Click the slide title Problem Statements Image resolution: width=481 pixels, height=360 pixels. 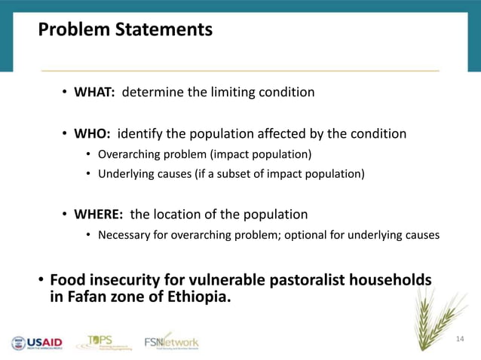point(125,31)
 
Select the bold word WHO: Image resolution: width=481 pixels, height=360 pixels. point(92,135)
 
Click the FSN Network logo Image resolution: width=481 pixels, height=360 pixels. point(171,341)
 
